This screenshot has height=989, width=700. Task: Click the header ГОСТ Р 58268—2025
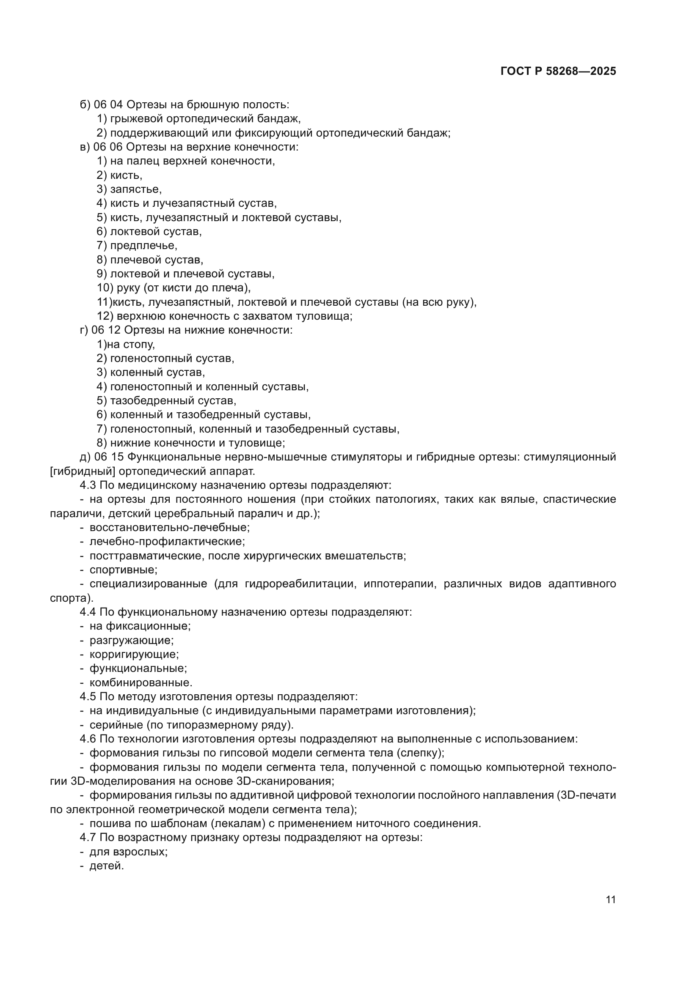558,71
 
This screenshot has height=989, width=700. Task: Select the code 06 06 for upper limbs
108,147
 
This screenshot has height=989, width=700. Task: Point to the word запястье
135,189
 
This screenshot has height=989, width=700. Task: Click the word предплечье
143,246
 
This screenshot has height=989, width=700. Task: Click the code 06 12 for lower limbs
107,330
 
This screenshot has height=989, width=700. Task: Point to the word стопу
139,345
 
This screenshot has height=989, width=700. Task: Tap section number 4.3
88,485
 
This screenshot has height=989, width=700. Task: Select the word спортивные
123,570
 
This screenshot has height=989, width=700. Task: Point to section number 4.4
88,612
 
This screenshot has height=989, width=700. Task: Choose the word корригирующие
134,654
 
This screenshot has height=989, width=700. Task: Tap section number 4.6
88,739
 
